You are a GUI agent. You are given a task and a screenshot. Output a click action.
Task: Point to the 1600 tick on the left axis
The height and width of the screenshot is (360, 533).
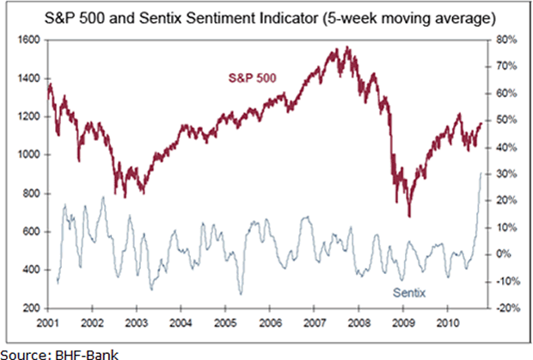pos(29,40)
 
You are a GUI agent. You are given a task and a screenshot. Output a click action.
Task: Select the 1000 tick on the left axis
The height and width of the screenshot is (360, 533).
pos(29,156)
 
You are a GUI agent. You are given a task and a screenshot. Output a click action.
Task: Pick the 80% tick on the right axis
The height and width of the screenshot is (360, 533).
pos(505,40)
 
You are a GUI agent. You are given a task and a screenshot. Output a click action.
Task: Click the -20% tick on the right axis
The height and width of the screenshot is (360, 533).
pos(505,308)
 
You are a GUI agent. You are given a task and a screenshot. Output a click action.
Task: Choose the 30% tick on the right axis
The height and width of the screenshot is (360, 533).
pos(505,174)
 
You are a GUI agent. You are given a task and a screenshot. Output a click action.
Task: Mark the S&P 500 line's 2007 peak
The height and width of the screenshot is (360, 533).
pos(346,48)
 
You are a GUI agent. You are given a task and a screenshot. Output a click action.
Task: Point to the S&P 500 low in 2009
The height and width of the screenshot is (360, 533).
pos(409,216)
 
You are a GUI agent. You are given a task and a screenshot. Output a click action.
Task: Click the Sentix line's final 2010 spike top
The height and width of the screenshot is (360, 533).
pos(480,174)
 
